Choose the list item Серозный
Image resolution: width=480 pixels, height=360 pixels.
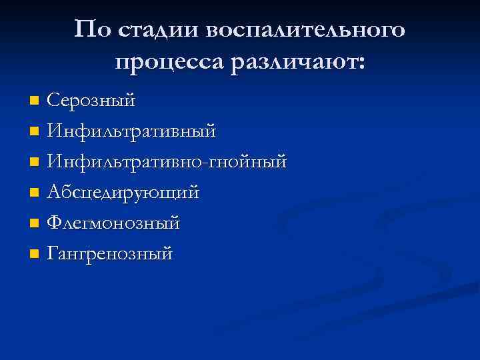pos(91,101)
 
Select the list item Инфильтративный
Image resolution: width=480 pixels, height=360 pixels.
pos(131,131)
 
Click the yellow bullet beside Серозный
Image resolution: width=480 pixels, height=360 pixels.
pos(35,101)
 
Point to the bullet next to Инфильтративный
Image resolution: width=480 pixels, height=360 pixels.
pos(35,132)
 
